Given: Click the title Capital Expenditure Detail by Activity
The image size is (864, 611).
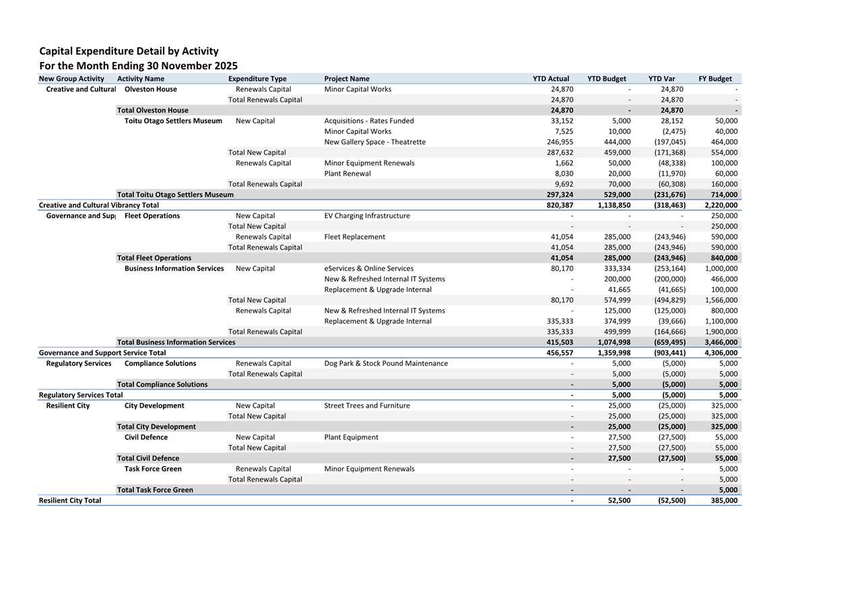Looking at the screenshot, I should click(x=129, y=51).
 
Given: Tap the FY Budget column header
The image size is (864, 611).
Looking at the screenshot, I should click(x=715, y=79).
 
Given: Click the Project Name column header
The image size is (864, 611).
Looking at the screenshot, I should click(x=346, y=79).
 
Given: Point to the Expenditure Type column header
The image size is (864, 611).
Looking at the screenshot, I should click(x=257, y=79).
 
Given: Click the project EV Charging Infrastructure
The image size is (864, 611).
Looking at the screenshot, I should click(x=366, y=216).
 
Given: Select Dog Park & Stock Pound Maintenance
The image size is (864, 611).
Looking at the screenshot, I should click(x=385, y=364).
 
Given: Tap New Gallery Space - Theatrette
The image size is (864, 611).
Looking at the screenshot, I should click(x=374, y=142).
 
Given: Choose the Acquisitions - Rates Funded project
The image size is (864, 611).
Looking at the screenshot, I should click(x=369, y=121).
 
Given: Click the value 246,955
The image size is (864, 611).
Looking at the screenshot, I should click(x=560, y=142).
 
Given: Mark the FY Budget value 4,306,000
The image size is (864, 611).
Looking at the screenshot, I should click(x=721, y=353).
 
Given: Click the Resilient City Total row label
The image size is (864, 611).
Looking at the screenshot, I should click(x=70, y=501).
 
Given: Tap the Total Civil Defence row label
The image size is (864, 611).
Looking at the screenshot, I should click(x=148, y=458).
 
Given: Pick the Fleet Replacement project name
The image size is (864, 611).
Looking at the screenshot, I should click(x=354, y=237).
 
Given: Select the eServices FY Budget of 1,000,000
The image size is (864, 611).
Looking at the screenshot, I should click(x=721, y=269).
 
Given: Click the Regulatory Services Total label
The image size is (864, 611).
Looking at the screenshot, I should click(x=81, y=395).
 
